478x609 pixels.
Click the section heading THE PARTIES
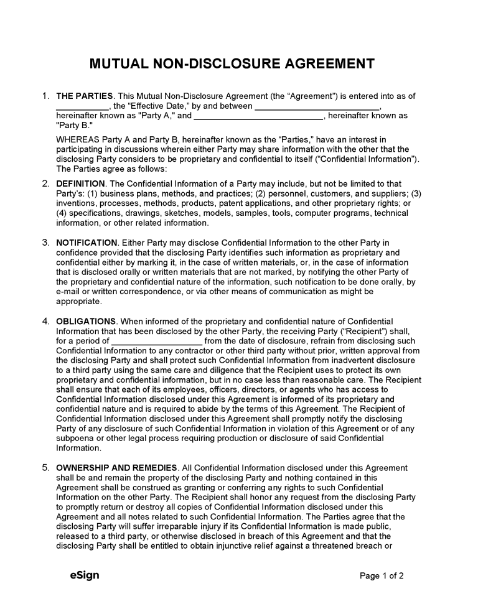(x=85, y=96)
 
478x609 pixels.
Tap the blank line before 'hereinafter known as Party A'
(x=317, y=106)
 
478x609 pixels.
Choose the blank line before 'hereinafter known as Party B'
(x=259, y=116)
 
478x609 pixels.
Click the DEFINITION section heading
(x=80, y=184)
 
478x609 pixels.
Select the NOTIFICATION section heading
(x=87, y=242)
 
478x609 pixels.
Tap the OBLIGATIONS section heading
(x=86, y=321)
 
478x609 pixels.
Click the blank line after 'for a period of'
(x=157, y=342)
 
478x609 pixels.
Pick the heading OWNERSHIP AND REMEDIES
(x=116, y=468)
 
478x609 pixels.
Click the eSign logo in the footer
(x=85, y=575)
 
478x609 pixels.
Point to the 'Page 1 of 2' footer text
(x=382, y=576)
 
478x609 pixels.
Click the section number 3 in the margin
(x=45, y=242)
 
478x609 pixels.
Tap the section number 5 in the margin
(x=45, y=468)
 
